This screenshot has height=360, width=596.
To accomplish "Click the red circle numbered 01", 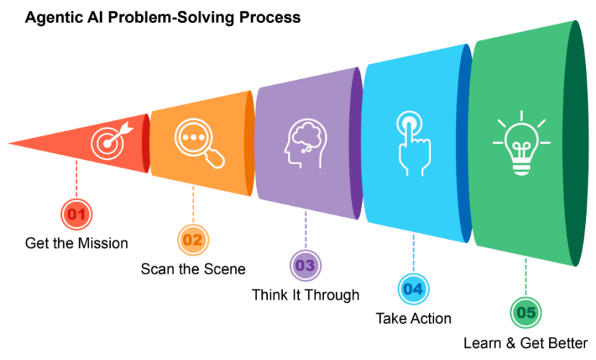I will [76, 215].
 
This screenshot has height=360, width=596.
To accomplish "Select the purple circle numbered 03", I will [305, 266].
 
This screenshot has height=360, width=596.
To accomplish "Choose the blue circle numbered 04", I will [413, 289].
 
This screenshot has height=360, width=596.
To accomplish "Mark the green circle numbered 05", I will [525, 312].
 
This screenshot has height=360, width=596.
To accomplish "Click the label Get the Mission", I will [76, 243].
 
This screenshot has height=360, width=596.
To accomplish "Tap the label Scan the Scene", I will [193, 269].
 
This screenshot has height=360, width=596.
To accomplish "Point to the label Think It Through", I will [305, 295].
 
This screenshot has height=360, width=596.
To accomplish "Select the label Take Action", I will [414, 318].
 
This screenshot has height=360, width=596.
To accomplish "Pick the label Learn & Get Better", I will [525, 343].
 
